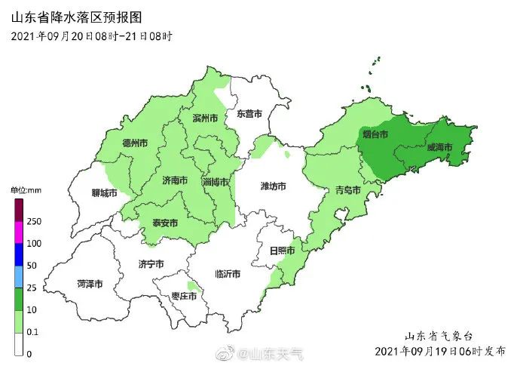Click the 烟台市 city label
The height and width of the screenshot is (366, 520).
point(375,134)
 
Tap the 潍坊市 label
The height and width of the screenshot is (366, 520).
point(272,186)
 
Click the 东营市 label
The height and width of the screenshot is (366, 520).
point(249,114)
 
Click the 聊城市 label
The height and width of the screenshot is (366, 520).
point(102,193)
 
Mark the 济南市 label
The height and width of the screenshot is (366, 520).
point(174,180)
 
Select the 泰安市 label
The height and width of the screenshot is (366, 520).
point(164,223)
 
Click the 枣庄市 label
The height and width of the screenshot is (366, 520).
point(183,297)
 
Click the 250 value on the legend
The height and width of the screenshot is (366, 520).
point(34,221)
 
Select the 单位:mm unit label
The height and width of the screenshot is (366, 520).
point(25,190)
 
